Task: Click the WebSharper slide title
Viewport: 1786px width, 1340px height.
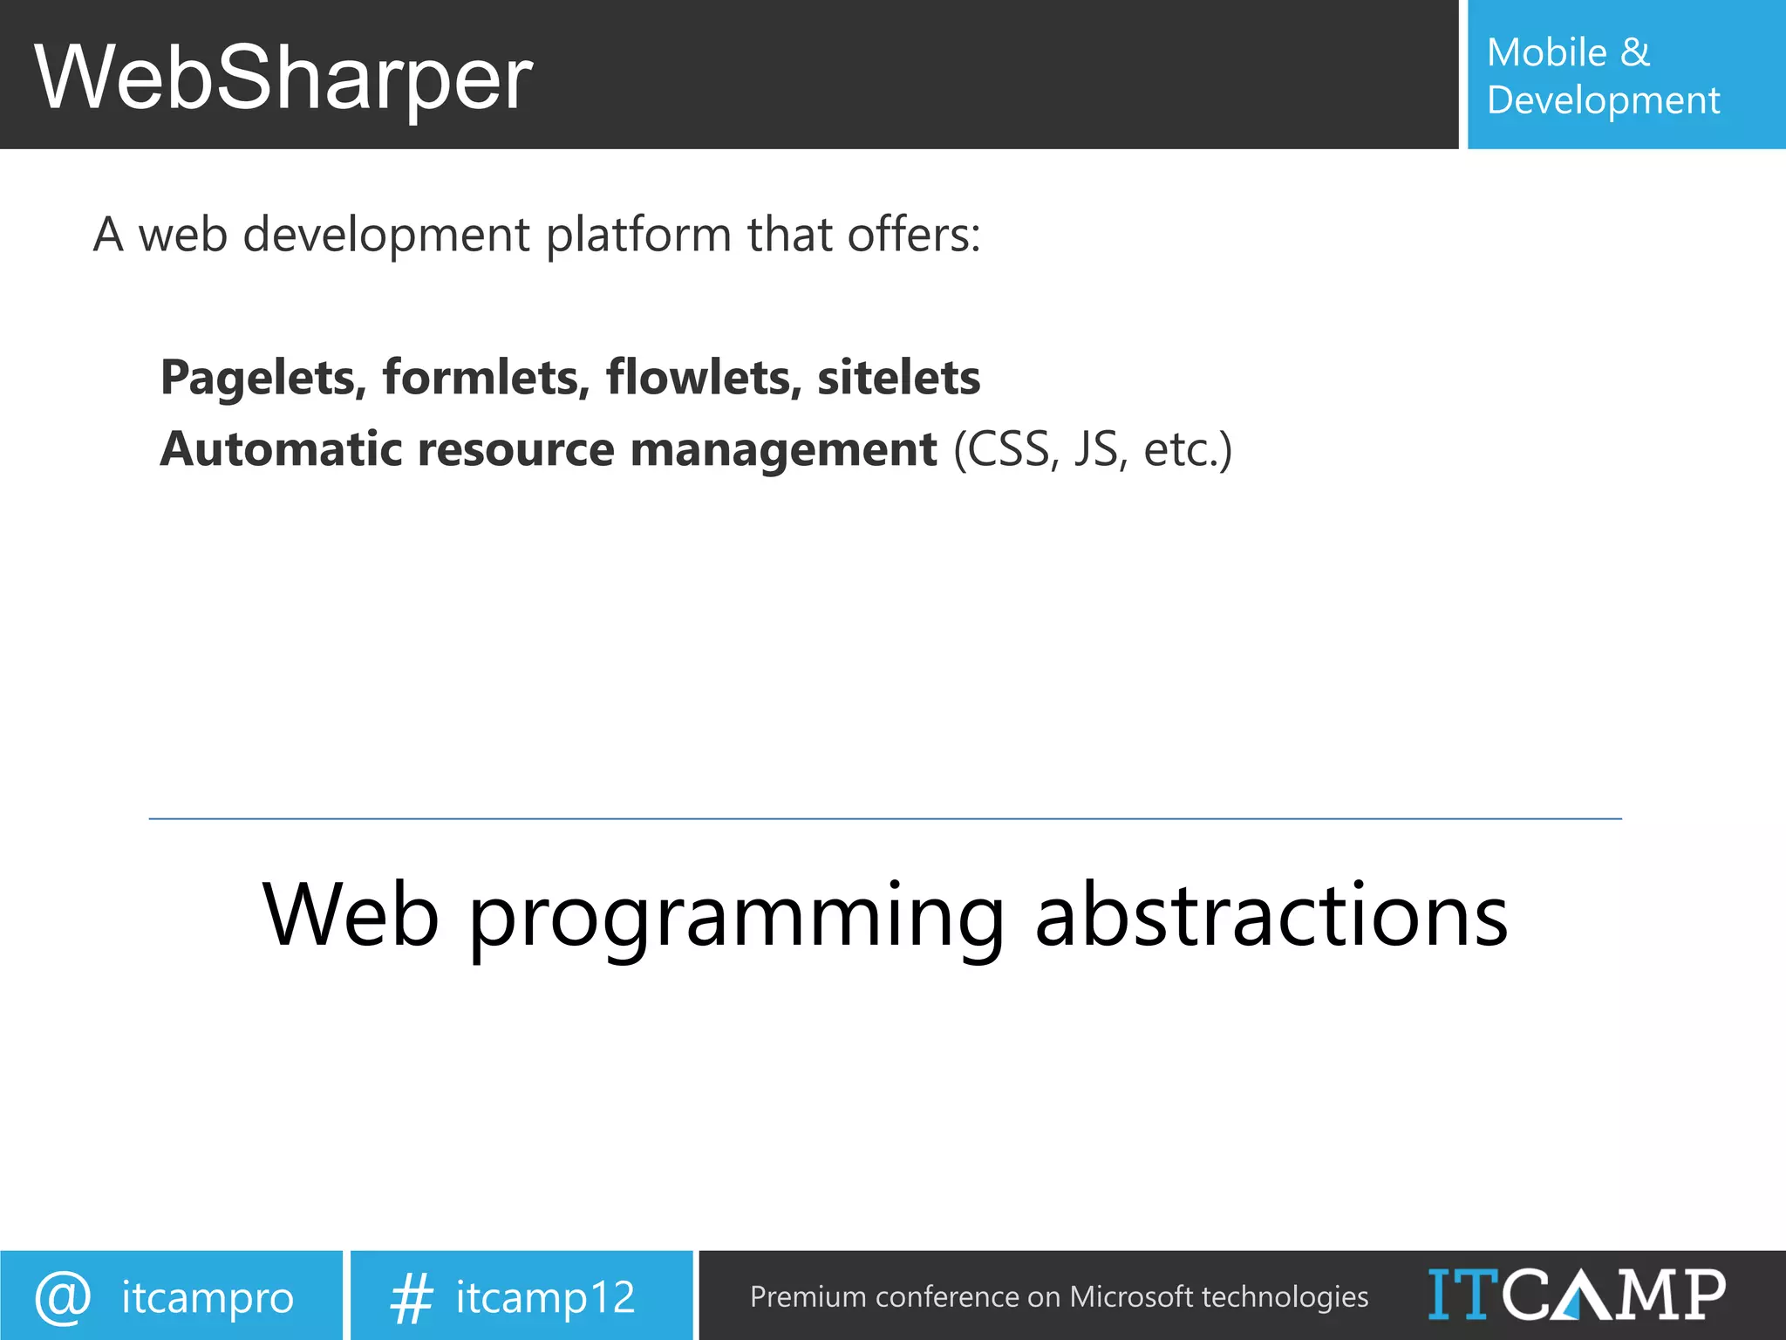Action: tap(283, 79)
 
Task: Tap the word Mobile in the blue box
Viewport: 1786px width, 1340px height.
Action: tap(1546, 52)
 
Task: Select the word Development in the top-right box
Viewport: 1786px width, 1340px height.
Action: tap(1603, 101)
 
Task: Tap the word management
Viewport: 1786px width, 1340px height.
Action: tap(782, 449)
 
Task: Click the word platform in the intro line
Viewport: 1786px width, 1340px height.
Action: tap(638, 236)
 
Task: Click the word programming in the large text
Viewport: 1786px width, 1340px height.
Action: tap(737, 916)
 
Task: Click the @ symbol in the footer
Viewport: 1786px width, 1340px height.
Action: tap(63, 1297)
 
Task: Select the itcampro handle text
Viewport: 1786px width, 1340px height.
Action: tap(208, 1297)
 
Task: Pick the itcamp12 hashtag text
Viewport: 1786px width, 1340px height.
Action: tap(545, 1297)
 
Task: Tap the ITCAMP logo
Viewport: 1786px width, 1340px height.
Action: tap(1576, 1295)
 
